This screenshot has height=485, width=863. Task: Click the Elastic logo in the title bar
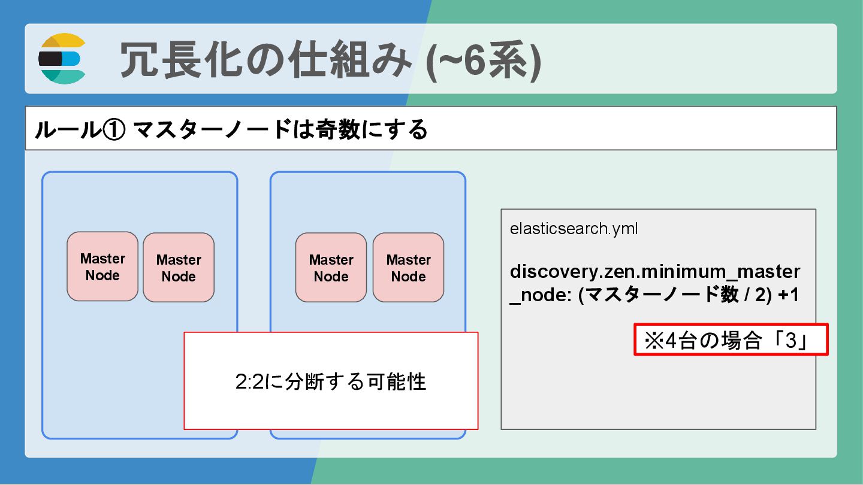point(62,59)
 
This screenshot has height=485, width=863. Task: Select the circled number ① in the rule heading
point(112,129)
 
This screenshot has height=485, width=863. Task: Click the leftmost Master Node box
point(102,267)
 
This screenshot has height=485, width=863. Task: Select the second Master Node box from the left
point(179,268)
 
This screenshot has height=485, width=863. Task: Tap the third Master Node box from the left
point(331,268)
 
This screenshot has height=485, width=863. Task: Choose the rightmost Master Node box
point(408,268)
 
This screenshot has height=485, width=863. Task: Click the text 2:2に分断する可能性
point(331,381)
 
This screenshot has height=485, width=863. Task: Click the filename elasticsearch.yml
point(574,229)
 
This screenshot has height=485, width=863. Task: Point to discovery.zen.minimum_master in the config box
point(654,272)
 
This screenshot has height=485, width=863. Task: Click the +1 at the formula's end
point(788,295)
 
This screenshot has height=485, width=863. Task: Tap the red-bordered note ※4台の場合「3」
point(731,340)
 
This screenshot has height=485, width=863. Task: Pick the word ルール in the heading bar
point(66,129)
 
